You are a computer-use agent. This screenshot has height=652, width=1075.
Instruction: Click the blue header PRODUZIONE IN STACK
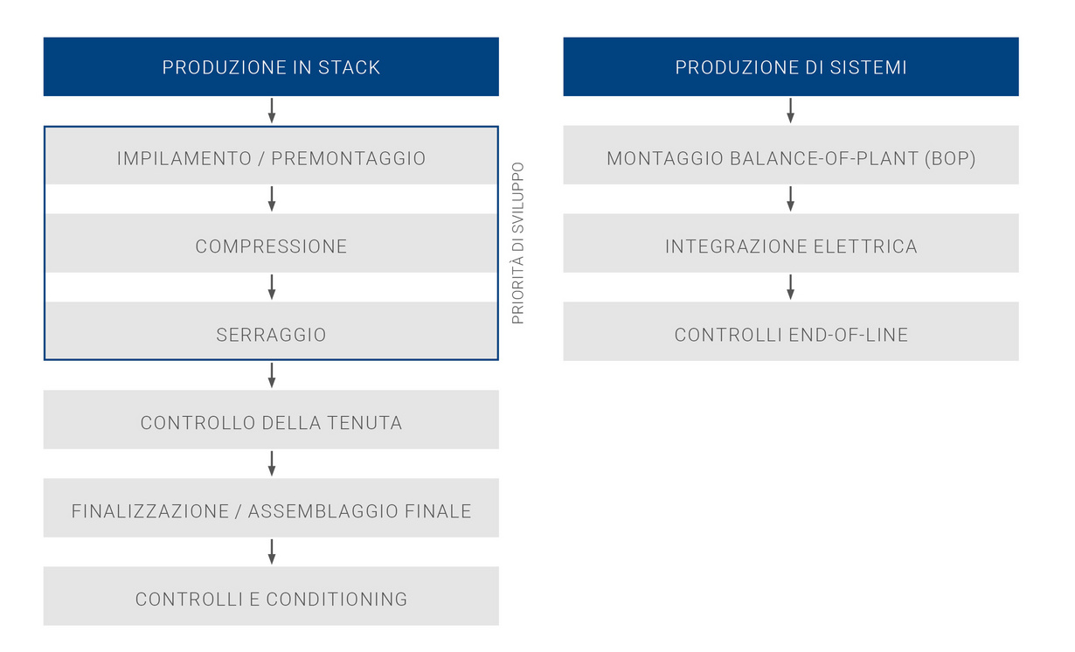click(271, 67)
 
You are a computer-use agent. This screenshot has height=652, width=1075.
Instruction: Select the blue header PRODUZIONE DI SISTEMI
click(790, 67)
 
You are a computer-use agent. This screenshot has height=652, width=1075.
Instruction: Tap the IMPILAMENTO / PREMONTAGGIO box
click(271, 158)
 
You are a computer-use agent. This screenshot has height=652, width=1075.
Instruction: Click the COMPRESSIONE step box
click(271, 246)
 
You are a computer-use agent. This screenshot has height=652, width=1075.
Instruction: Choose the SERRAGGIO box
click(271, 335)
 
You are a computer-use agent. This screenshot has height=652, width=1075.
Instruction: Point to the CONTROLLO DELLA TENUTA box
click(271, 423)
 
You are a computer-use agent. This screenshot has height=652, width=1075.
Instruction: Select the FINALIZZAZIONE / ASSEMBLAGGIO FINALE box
click(271, 511)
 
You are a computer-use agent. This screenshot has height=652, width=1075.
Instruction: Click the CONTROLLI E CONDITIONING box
click(271, 600)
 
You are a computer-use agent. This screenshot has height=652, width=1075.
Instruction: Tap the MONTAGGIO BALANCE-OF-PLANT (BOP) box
click(790, 158)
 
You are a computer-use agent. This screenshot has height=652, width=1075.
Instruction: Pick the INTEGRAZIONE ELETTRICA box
click(790, 246)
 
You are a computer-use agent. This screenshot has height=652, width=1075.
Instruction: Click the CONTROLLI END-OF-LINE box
click(790, 335)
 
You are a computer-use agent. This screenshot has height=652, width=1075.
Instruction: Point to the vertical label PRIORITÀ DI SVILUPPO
click(518, 243)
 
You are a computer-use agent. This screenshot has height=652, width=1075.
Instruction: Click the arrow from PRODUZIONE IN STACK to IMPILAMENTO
click(272, 110)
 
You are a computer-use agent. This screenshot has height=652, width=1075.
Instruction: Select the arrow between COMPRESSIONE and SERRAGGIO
click(272, 287)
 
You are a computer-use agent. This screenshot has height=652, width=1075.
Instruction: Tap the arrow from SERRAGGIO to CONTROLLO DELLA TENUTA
click(272, 375)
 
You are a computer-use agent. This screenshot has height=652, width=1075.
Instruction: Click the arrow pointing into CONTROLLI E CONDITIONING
click(272, 551)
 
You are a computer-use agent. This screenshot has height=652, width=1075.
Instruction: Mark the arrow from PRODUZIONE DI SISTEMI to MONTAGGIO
click(790, 110)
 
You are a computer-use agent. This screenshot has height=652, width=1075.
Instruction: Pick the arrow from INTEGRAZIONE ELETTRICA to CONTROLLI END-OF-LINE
click(790, 287)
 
